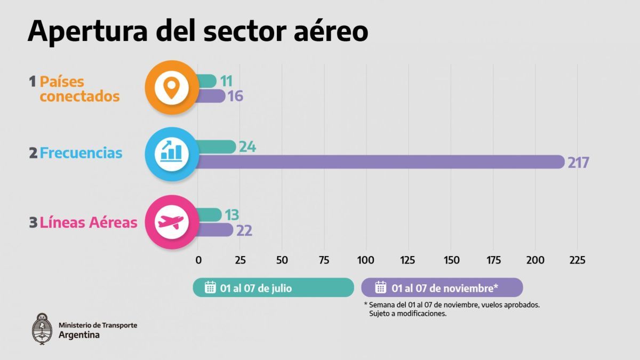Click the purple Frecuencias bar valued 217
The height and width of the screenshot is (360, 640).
click(379, 162)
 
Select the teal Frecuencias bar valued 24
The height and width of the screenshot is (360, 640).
click(216, 147)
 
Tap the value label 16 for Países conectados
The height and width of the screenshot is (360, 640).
click(235, 97)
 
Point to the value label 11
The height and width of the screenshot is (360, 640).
click(226, 81)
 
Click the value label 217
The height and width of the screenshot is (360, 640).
click(578, 163)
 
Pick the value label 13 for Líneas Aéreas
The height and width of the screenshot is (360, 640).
click(231, 215)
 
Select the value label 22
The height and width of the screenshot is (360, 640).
click(244, 230)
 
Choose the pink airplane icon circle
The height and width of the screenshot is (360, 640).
click(171, 222)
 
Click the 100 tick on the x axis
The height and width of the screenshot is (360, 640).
click(366, 260)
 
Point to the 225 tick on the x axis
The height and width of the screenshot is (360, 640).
click(577, 260)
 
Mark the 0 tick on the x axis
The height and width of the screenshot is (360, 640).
click(198, 260)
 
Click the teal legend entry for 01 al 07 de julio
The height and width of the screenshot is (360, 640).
click(273, 287)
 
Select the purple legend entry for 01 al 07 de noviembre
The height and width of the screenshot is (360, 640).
click(442, 287)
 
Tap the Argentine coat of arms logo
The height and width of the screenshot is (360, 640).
click(42, 328)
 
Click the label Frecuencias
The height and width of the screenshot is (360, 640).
click(81, 153)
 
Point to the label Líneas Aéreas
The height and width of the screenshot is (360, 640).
click(89, 222)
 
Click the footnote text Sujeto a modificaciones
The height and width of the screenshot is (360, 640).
click(407, 314)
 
